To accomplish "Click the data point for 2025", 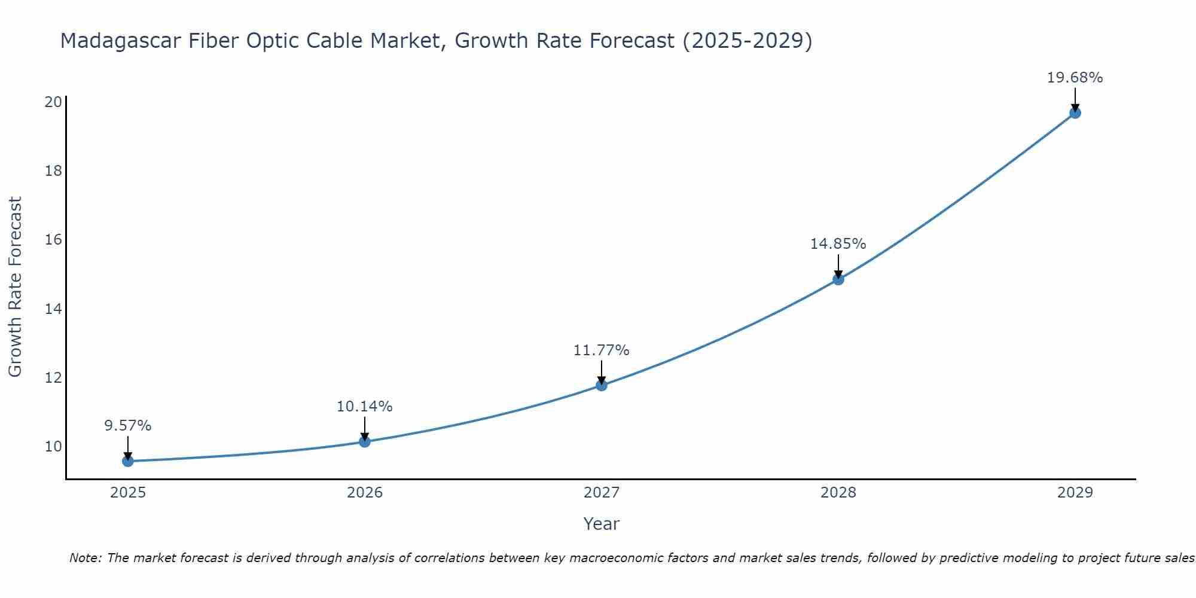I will click(x=127, y=461).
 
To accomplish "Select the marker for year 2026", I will click(x=365, y=441).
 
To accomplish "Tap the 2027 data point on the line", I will click(x=602, y=385).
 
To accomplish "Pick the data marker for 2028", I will click(x=838, y=279).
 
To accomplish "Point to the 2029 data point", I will click(x=1075, y=112).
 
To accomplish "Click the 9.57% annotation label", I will click(x=127, y=426).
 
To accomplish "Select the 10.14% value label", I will click(x=365, y=407).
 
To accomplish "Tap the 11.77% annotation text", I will click(x=602, y=350).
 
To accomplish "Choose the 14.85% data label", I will click(x=838, y=244).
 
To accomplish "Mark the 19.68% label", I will click(x=1075, y=78).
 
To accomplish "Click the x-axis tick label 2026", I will click(x=365, y=493).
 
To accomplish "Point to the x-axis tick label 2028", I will click(x=838, y=493).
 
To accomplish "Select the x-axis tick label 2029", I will click(x=1075, y=493).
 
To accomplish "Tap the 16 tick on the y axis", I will click(x=54, y=240).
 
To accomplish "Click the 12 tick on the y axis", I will click(x=54, y=378).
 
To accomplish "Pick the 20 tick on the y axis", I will click(x=54, y=102).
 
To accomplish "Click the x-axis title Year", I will click(x=602, y=524).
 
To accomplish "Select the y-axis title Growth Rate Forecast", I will click(x=15, y=287).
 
